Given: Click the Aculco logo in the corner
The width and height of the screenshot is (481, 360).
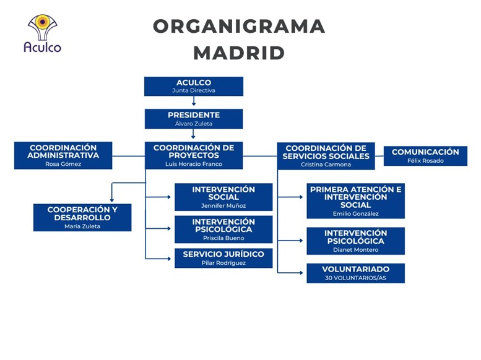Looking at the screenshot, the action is pyautogui.click(x=42, y=33).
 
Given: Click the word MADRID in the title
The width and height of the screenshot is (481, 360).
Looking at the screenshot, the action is pyautogui.click(x=239, y=53).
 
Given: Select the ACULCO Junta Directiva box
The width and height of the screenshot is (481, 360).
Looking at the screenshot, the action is pyautogui.click(x=194, y=86).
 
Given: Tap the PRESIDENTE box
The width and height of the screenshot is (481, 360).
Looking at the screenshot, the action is pyautogui.click(x=194, y=119).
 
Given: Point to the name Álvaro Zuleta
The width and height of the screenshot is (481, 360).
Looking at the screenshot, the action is pyautogui.click(x=194, y=124).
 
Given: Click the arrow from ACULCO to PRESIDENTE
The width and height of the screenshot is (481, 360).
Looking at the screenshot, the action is pyautogui.click(x=194, y=101).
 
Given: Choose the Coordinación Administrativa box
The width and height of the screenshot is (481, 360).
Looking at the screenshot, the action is pyautogui.click(x=63, y=155).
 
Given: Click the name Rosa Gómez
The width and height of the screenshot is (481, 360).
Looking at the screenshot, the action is pyautogui.click(x=63, y=164).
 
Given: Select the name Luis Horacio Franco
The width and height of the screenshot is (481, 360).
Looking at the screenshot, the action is pyautogui.click(x=194, y=164).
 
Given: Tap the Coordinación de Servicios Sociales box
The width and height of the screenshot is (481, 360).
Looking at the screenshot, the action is pyautogui.click(x=326, y=156).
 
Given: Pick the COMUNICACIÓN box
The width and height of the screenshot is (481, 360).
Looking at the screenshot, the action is pyautogui.click(x=425, y=156).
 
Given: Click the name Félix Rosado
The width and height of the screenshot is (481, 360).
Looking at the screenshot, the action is pyautogui.click(x=425, y=161).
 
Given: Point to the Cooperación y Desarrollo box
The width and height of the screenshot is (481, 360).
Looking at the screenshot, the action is pyautogui.click(x=82, y=217).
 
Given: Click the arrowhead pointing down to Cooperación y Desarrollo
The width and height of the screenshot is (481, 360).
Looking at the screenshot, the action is pyautogui.click(x=111, y=200).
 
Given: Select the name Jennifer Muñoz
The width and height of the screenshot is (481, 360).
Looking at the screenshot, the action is pyautogui.click(x=223, y=206).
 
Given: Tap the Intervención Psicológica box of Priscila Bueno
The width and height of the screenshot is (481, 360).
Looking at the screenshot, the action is pyautogui.click(x=223, y=229).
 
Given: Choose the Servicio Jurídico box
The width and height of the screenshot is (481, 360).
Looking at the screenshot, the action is pyautogui.click(x=223, y=258).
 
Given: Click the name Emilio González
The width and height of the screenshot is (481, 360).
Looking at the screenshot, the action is pyautogui.click(x=355, y=214).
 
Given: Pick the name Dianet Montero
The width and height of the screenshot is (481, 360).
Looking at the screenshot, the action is pyautogui.click(x=355, y=250).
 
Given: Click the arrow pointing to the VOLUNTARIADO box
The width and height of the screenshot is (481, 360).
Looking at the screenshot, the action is pyautogui.click(x=290, y=273).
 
